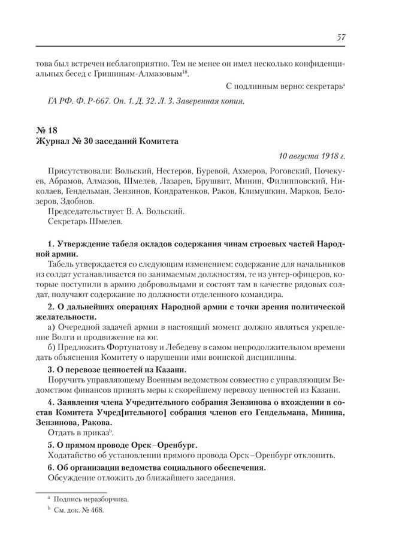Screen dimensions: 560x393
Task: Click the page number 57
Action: [341, 37]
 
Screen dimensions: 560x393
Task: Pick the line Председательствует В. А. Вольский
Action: [111, 212]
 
